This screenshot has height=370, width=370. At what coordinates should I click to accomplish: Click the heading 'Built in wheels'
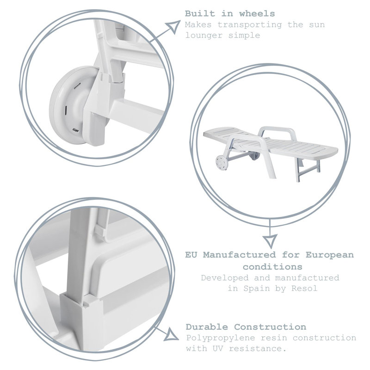coord(230,14)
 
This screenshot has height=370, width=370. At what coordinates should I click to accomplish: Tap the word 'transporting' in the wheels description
coord(250,25)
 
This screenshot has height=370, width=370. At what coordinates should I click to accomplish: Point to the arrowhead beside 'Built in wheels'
coord(173,26)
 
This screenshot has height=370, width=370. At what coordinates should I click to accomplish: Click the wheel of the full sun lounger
coord(222,162)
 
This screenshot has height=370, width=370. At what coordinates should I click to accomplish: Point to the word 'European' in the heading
coord(330,255)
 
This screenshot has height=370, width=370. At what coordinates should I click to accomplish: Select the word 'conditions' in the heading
coord(272,267)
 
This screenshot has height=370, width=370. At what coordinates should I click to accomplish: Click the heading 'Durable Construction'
coord(246,327)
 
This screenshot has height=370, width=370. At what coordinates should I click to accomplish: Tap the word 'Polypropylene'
coord(221,339)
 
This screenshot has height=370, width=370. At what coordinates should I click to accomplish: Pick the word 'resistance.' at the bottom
coord(258,349)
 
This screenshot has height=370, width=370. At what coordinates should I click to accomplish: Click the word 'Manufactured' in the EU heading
coord(239,255)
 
